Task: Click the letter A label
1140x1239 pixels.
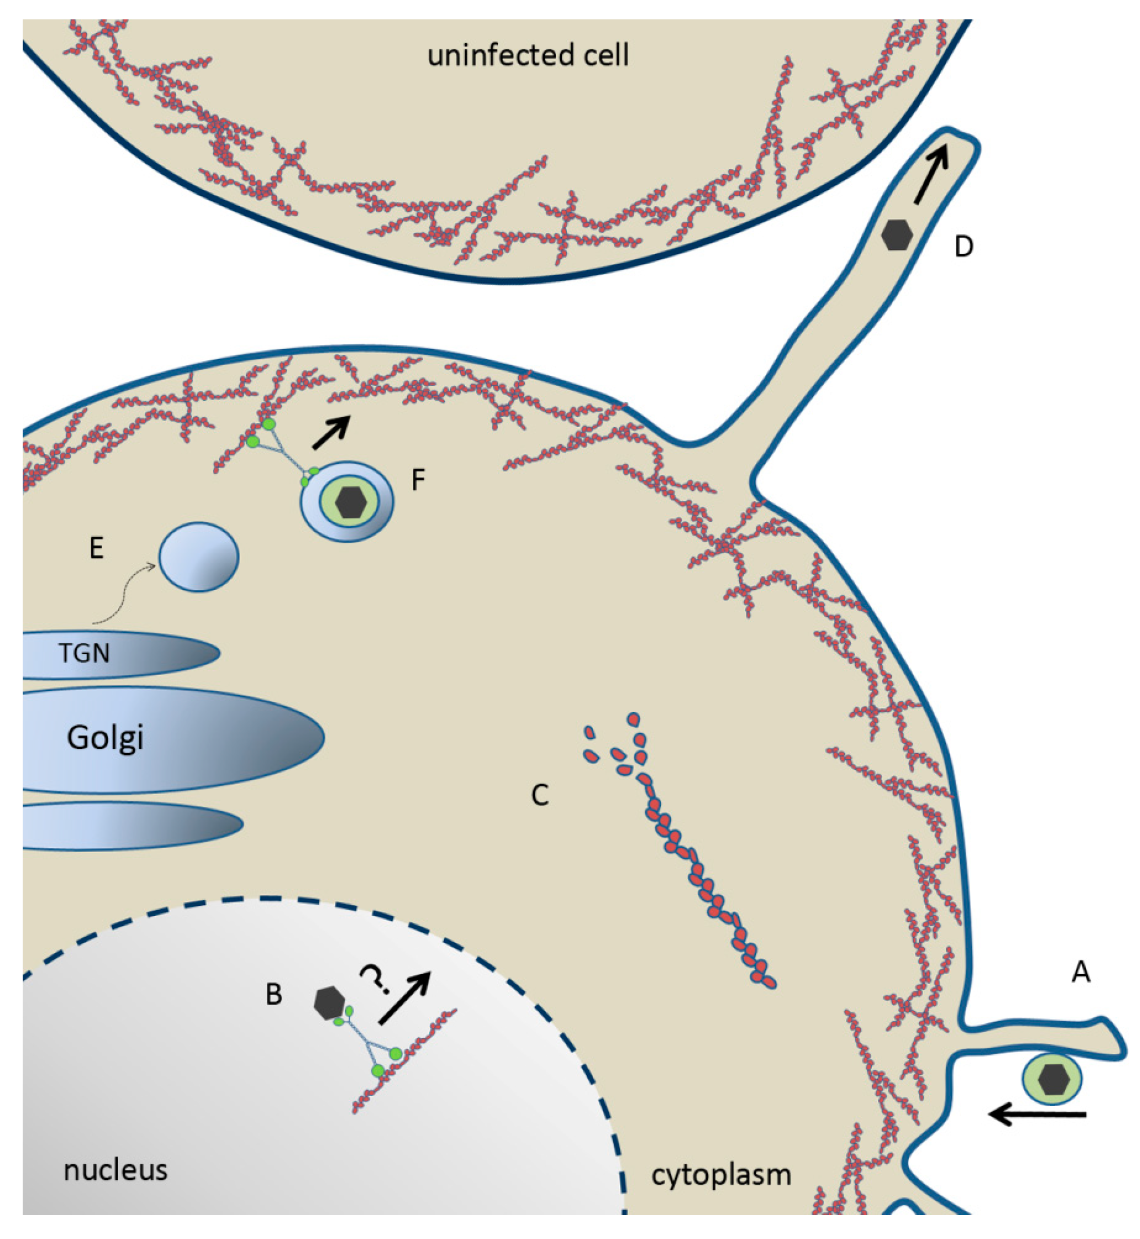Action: (x=1080, y=973)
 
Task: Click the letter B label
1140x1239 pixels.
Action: (x=274, y=995)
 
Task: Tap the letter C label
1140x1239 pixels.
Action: (x=540, y=796)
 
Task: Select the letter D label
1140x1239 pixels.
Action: (x=963, y=247)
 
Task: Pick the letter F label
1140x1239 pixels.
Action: (x=418, y=480)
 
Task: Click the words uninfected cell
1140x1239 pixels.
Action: (x=528, y=55)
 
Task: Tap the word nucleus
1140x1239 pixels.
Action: (x=115, y=1170)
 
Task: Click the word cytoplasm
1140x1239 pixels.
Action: (x=721, y=1175)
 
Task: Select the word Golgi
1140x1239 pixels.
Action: (x=105, y=738)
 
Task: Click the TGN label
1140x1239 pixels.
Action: (x=84, y=653)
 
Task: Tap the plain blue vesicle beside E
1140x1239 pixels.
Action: (x=199, y=557)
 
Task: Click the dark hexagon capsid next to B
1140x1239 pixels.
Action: (x=329, y=1003)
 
